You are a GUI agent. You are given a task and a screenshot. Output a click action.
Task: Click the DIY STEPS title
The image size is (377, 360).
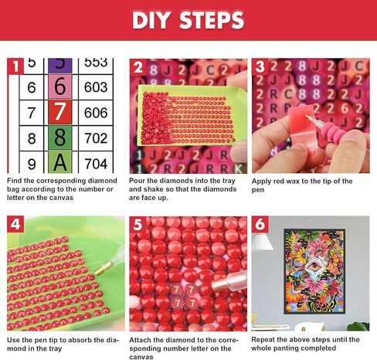[x=188, y=20]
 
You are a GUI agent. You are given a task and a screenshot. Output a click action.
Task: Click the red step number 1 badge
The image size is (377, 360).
[x=15, y=66]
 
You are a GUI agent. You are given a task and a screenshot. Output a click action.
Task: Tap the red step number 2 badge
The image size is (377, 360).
[x=138, y=66]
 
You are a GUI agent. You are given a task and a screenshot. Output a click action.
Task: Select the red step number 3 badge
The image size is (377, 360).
[x=260, y=66]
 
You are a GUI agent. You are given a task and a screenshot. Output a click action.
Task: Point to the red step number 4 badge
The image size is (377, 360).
[x=15, y=224]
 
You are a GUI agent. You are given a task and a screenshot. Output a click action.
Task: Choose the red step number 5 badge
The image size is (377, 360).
[x=138, y=225]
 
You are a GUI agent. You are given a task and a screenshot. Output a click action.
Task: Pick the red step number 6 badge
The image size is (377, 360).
[x=260, y=225]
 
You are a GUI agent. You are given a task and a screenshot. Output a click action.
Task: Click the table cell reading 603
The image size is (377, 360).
[x=96, y=87]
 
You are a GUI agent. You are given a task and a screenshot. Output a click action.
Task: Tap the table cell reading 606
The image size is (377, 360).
[x=96, y=113]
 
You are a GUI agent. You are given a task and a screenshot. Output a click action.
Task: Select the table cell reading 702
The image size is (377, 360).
[x=96, y=138]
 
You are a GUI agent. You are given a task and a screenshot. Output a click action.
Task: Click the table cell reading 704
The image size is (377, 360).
[x=96, y=163]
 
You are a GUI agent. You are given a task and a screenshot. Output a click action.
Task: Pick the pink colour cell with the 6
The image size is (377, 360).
[x=60, y=87]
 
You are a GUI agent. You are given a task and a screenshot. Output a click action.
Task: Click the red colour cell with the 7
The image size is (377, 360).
[x=60, y=112]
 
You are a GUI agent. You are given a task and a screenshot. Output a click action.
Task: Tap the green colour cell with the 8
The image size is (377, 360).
[x=60, y=138]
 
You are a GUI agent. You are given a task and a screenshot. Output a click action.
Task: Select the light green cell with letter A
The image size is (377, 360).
[x=60, y=162]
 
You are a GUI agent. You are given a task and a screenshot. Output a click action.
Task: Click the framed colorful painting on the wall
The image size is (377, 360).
[x=314, y=271]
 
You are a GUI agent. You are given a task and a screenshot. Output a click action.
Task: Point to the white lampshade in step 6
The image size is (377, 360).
[x=262, y=242]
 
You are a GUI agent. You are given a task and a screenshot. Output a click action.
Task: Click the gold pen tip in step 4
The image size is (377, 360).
[x=103, y=268]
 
